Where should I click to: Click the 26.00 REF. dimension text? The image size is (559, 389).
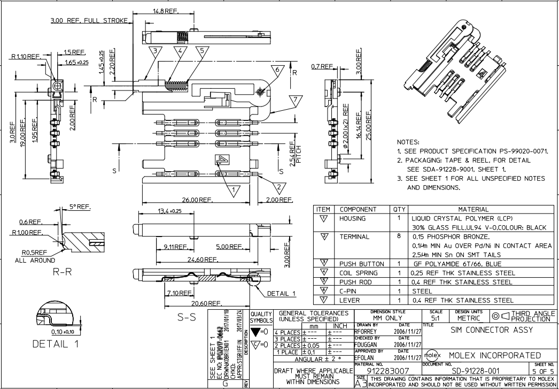click(198, 200)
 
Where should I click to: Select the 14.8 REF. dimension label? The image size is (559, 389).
click(166, 11)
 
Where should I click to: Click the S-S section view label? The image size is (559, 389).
click(188, 317)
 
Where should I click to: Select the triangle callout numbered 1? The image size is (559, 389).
click(233, 188)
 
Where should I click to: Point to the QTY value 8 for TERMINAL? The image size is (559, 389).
click(399, 237)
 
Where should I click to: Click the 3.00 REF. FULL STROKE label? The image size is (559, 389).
click(89, 20)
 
